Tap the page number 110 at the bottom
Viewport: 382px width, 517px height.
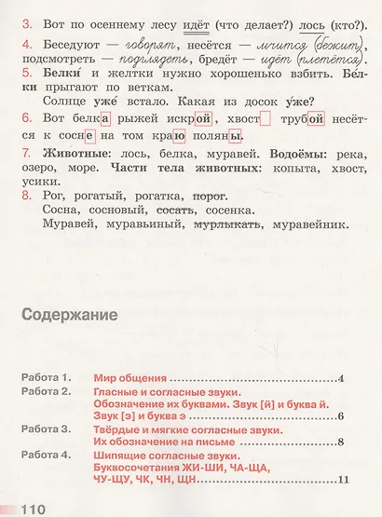pos(25,509)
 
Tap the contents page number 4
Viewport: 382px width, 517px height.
pos(343,378)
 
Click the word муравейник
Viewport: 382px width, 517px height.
pos(304,224)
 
